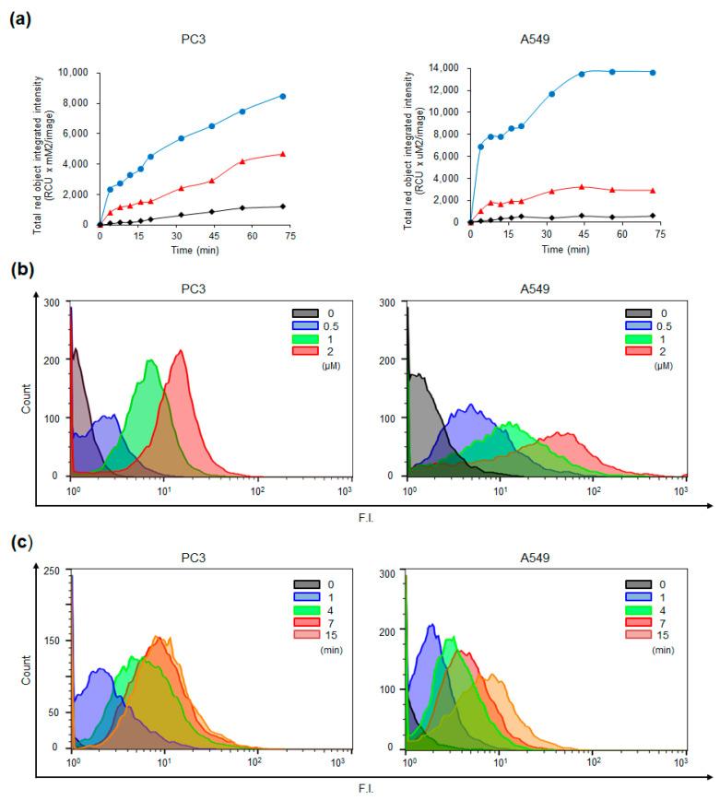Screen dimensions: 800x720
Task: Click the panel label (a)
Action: coord(20,16)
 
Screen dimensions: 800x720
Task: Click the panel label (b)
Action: coord(20,274)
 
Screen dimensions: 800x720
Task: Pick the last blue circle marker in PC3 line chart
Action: coord(283,96)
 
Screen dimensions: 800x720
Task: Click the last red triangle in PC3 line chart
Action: coord(283,154)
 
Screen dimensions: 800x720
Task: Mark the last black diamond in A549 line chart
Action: coord(653,216)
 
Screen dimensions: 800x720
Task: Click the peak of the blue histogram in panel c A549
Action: coord(431,626)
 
